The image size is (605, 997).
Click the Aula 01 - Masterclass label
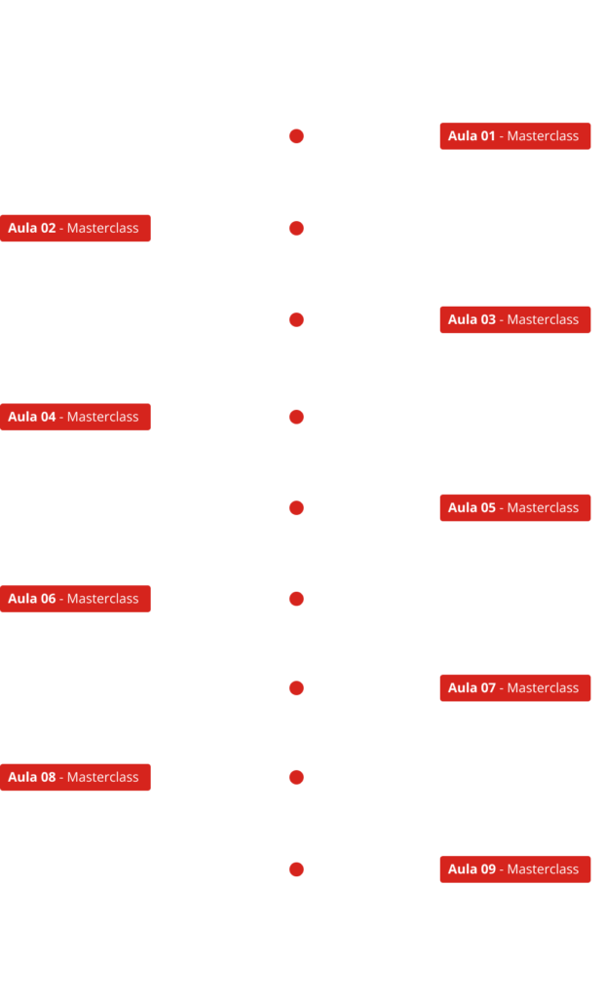point(515,136)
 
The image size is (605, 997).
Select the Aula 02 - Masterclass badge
point(75,228)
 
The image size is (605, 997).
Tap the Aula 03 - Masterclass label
point(515,319)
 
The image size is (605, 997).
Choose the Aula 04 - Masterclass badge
point(75,417)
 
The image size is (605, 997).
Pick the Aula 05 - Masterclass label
point(515,508)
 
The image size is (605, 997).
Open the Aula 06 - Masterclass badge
point(75,599)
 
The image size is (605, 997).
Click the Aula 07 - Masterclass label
point(515,688)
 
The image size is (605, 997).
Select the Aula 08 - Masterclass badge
point(75,778)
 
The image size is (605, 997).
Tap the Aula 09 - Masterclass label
point(515,869)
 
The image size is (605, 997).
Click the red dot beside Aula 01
point(296,136)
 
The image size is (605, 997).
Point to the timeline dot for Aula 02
point(296,228)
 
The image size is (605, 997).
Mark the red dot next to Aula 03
point(296,319)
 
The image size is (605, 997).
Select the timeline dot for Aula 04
point(296,417)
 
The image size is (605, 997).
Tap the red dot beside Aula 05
point(296,508)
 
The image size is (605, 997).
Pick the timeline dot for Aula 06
point(296,599)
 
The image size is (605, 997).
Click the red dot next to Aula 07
point(296,688)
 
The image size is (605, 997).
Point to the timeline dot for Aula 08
point(296,778)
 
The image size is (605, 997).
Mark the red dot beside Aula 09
point(296,869)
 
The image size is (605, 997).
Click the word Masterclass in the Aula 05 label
point(543,508)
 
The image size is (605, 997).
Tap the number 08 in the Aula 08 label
point(49,778)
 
